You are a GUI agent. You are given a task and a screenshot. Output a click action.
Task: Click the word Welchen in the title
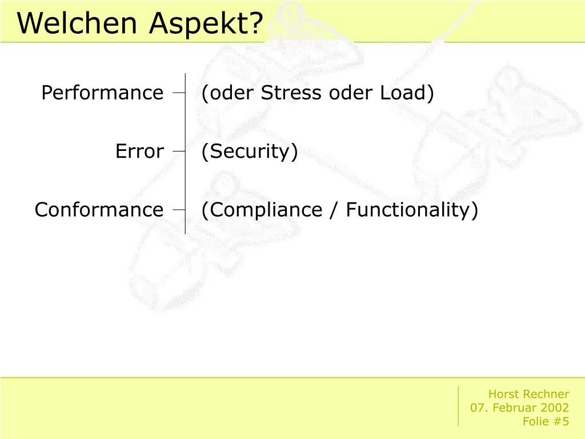pos(77,22)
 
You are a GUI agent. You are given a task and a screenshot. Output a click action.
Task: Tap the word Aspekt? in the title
pos(206,23)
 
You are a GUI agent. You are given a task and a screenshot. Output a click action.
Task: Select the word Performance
pos(103,93)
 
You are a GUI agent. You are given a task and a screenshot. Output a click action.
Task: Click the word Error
pos(140,151)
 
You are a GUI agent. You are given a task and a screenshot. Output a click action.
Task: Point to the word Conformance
pos(99,209)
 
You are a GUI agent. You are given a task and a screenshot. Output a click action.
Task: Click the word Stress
pos(291,92)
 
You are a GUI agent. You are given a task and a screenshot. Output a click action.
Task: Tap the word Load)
pos(407,93)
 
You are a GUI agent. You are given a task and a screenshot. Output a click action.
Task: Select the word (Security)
pos(250,151)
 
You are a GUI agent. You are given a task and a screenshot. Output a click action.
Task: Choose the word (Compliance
pos(262,210)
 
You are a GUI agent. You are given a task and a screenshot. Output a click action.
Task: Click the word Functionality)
pos(412,210)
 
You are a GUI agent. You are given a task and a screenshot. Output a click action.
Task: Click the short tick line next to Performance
pos(179,92)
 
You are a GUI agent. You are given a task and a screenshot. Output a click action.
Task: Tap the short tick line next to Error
pos(179,151)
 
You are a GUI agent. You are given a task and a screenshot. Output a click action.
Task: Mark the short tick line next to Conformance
pos(179,209)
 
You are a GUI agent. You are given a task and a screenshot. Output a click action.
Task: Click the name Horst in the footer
pos(502,394)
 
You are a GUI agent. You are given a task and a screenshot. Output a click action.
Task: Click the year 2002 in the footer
pos(556,407)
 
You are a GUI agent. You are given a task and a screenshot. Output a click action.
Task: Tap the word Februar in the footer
pos(516,407)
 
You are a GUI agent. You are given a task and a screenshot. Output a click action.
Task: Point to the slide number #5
pos(561,421)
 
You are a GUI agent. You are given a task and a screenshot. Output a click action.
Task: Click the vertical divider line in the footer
pos(458,406)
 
